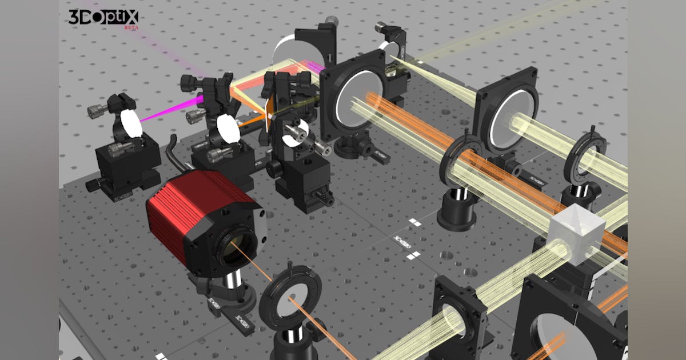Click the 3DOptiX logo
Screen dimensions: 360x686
point(103,17)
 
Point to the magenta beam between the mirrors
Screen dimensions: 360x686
point(171,109)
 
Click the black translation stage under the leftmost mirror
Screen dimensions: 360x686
point(123,163)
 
